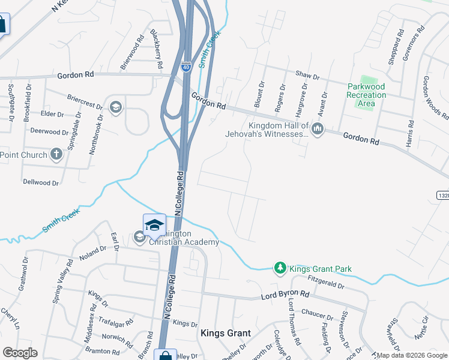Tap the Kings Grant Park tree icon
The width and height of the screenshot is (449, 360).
[280, 268]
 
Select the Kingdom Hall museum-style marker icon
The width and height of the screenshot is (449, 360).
[318, 128]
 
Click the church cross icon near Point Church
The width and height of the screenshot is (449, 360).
[56, 155]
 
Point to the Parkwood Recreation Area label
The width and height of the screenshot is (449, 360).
[366, 95]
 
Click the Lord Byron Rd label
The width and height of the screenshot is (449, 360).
[285, 296]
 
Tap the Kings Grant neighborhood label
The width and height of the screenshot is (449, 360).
[225, 333]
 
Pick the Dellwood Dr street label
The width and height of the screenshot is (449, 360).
[40, 182]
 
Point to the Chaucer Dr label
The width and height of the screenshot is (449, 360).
[318, 315]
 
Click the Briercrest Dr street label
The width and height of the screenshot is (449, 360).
[85, 100]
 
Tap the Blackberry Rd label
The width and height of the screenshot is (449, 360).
[156, 49]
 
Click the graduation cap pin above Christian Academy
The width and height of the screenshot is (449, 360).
[154, 225]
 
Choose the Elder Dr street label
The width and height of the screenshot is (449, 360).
[52, 114]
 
